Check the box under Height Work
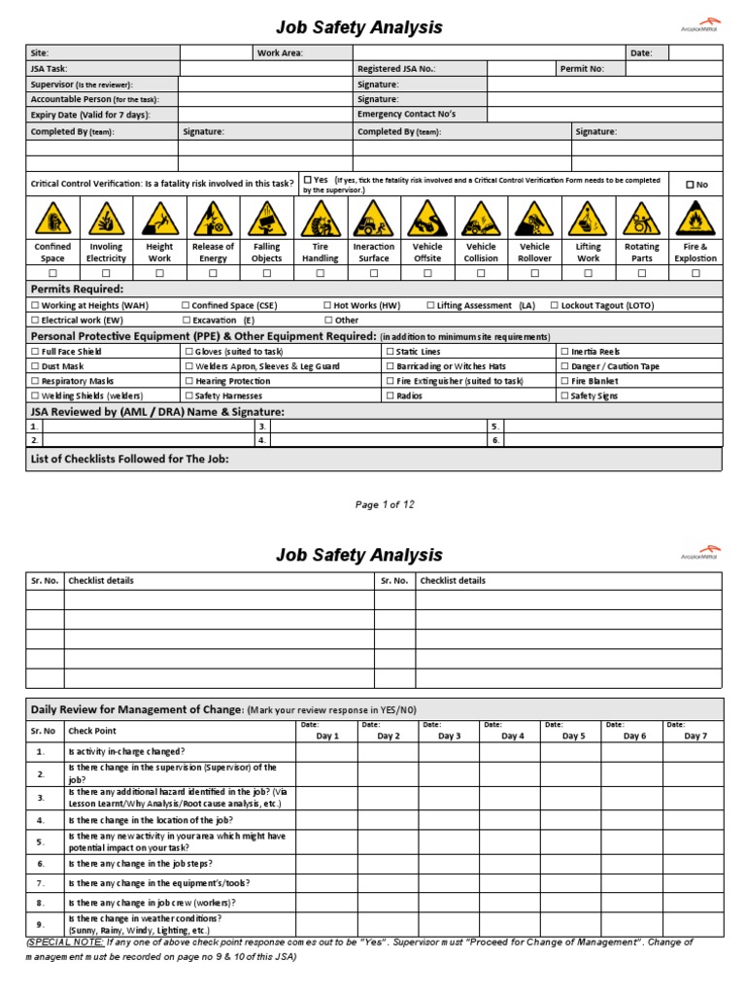tap(159, 274)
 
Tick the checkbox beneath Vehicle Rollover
tap(534, 274)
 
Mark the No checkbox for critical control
tap(691, 185)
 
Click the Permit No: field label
tap(583, 69)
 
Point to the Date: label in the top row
tap(641, 52)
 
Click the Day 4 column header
tap(512, 736)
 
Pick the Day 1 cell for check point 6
tap(326, 863)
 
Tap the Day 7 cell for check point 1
tap(694, 752)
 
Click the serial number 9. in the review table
tap(41, 924)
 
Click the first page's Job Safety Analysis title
tap(360, 28)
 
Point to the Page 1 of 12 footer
tap(386, 504)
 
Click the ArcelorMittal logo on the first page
tap(695, 26)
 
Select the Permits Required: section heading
tap(78, 290)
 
